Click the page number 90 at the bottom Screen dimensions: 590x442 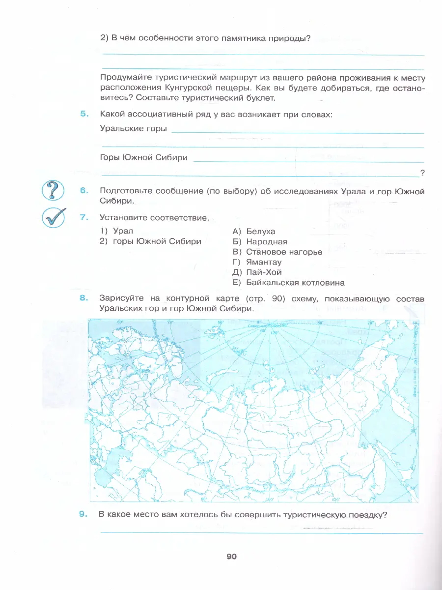(231, 557)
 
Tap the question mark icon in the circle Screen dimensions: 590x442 (54, 190)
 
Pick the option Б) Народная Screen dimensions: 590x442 (260, 241)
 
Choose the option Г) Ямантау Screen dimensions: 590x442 (257, 262)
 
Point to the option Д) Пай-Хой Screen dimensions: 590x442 (257, 272)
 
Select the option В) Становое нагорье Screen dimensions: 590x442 (277, 252)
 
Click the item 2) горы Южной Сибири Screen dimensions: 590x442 (150, 241)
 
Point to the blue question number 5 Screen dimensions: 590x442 (83, 114)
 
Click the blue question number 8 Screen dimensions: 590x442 (83, 298)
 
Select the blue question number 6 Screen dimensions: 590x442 (83, 191)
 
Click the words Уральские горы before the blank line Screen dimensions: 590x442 (133, 129)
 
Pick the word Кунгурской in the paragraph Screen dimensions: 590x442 (200, 88)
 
